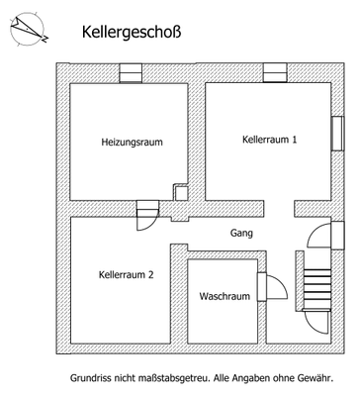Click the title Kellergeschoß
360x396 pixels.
(131, 32)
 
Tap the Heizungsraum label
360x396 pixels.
(132, 143)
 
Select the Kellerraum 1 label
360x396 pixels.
(269, 140)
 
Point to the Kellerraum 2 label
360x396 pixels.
(127, 274)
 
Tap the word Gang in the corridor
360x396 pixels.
(239, 234)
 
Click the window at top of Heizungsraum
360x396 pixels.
(131, 71)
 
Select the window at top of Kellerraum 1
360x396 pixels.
(275, 71)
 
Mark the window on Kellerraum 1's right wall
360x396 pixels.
(336, 132)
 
